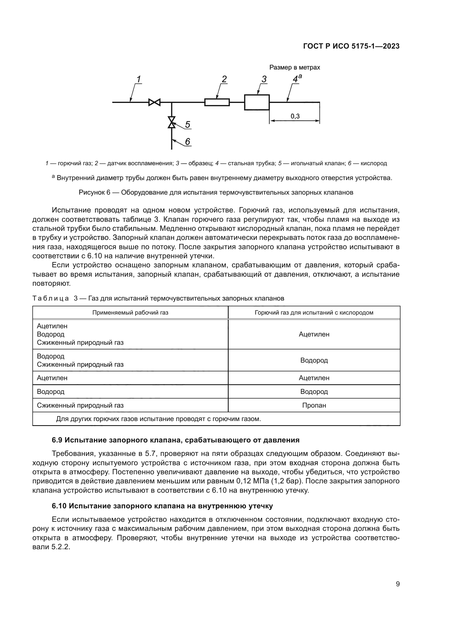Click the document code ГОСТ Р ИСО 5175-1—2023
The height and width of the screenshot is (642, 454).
coord(351,46)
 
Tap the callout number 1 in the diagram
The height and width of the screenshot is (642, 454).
coord(139,79)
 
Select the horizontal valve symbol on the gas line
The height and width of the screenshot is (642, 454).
coord(154,102)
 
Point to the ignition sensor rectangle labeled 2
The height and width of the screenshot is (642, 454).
coord(217,102)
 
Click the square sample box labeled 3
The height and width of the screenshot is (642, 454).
coord(257,102)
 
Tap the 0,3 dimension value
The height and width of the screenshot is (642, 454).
coord(295,116)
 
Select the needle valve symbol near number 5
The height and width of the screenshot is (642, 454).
coord(172,122)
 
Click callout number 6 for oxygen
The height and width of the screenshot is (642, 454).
coord(187,142)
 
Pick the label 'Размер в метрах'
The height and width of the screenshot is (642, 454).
coord(294,68)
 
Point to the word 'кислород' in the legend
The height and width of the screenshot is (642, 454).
coord(374,163)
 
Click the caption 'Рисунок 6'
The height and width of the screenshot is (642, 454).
coord(94,192)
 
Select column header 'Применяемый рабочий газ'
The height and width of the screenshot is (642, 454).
coord(130,313)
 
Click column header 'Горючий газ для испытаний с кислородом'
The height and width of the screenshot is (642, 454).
coord(314,313)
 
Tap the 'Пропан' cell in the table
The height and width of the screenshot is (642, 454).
coord(314,405)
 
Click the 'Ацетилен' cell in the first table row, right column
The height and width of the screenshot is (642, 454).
coord(314,334)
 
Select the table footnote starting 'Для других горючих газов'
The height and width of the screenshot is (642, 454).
coord(158,419)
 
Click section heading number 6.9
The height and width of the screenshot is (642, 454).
coord(57,440)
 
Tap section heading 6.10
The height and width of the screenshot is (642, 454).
coord(59,506)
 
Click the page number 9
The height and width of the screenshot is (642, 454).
coord(397,584)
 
